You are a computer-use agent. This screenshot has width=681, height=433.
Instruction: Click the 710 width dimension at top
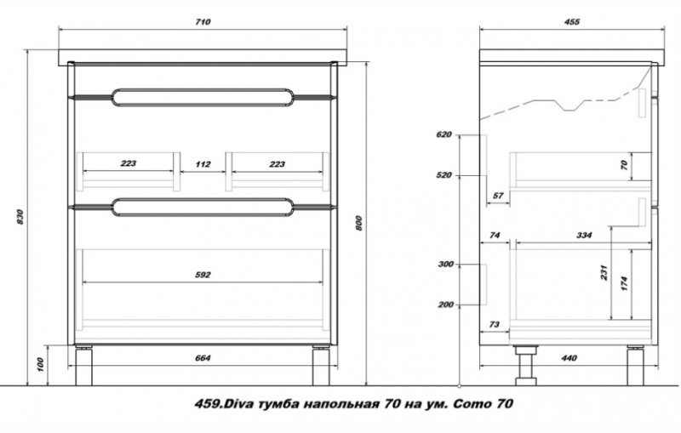click(x=203, y=21)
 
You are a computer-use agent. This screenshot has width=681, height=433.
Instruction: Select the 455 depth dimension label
click(x=571, y=21)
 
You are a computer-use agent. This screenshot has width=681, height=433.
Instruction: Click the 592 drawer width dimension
click(x=203, y=275)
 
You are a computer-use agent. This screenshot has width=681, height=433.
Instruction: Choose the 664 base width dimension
click(x=203, y=357)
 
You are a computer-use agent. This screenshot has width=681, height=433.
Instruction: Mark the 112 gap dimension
click(x=203, y=164)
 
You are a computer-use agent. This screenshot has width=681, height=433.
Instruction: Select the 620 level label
click(x=444, y=134)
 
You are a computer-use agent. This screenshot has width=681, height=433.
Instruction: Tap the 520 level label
click(x=444, y=175)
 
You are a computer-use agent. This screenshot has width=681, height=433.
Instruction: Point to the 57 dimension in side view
click(x=499, y=197)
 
